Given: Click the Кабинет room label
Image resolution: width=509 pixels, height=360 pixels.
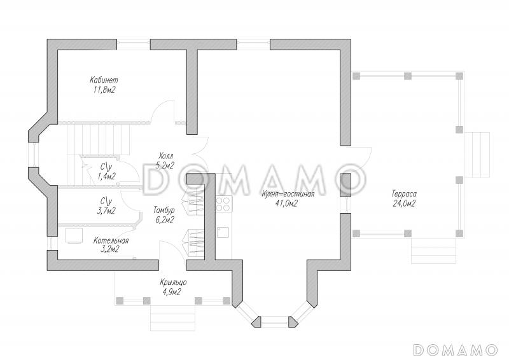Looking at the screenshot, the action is tap(104, 80).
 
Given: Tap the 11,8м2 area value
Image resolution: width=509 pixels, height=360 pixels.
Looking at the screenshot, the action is tap(104, 90).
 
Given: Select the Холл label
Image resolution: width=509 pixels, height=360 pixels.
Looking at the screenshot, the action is tap(166, 155).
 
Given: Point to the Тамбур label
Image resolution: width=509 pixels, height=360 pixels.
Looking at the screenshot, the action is tap(164, 210).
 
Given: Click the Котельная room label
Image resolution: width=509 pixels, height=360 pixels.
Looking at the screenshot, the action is tap(111, 240).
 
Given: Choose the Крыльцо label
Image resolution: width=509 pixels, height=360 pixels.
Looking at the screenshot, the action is tap(172, 282).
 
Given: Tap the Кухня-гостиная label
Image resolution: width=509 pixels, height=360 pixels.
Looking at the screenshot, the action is tap(288, 194).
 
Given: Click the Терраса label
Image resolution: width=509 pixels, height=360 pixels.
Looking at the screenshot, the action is tap(404, 194).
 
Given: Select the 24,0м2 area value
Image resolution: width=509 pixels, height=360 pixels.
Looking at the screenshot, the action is tap(404, 204).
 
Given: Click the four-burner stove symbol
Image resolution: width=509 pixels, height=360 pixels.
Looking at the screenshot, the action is tap(224, 204).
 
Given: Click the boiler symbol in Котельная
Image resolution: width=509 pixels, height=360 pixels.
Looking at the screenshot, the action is tap(74, 235).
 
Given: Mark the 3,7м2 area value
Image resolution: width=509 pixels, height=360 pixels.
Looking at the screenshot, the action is tap(106, 211).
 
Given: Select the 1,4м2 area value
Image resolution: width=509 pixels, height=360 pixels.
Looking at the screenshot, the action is tap(106, 176).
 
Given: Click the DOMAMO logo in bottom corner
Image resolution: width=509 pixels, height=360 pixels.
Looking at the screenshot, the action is tap(455, 349).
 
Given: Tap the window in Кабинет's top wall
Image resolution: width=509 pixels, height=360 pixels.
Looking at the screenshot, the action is tap(134, 45).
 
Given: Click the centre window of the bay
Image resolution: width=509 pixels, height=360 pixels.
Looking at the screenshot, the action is tap(275, 321).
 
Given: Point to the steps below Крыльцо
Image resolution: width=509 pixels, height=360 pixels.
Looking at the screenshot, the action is tap(172, 318).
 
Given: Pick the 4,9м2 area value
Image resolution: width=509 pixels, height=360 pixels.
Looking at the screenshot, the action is tap(172, 292).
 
